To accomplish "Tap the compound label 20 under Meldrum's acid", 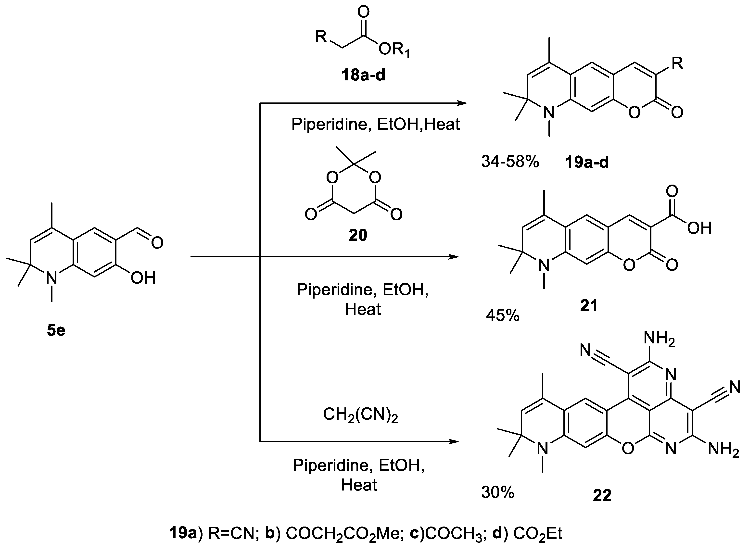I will point(358,235).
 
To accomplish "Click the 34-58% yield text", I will point(510,162).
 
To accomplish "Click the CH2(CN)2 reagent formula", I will point(360,415).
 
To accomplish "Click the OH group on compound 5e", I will point(143,278).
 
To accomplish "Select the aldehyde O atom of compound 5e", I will point(157,242).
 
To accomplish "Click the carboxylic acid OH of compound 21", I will point(699,229).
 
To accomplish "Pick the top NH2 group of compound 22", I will point(659,339).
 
